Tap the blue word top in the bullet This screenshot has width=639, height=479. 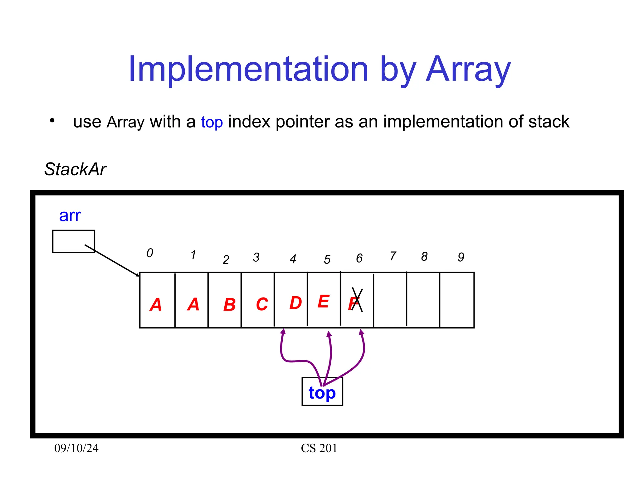(212, 122)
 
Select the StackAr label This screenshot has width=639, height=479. (75, 169)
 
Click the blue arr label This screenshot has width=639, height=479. (70, 215)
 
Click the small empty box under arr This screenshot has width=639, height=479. (73, 241)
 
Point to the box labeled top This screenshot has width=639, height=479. (322, 392)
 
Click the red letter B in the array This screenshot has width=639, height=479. (229, 305)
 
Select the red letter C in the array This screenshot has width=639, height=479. (262, 304)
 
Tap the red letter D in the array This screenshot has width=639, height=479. (295, 303)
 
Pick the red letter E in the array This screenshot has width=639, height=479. (324, 302)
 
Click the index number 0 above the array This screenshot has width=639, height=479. (150, 253)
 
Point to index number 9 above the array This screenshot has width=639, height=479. (461, 257)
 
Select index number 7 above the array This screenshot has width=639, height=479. (393, 256)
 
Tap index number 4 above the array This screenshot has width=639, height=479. (293, 259)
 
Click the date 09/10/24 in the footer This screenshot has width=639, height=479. (76, 448)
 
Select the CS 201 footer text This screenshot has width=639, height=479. (319, 448)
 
